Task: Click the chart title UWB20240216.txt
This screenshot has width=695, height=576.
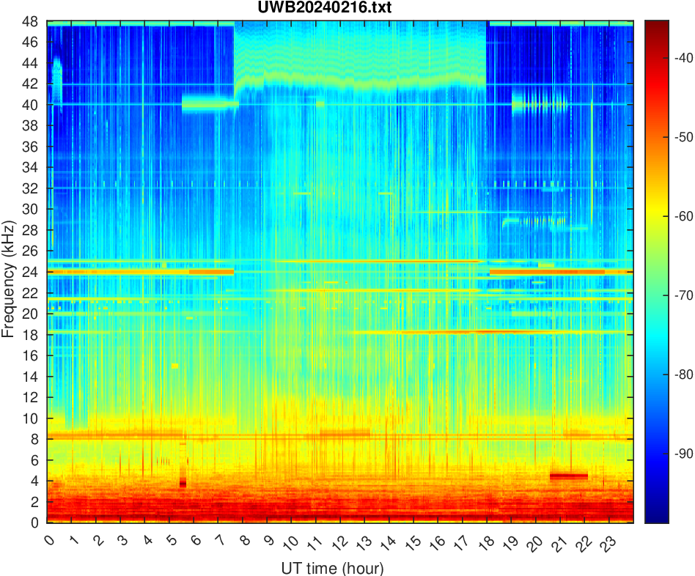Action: coord(340,9)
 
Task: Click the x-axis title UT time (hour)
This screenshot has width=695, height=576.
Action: coord(332,568)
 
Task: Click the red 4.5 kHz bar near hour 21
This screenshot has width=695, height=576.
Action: coord(569,476)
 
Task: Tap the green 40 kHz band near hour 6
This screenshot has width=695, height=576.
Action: coord(209,104)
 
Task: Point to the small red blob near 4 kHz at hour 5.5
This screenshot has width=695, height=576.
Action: coord(183,483)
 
